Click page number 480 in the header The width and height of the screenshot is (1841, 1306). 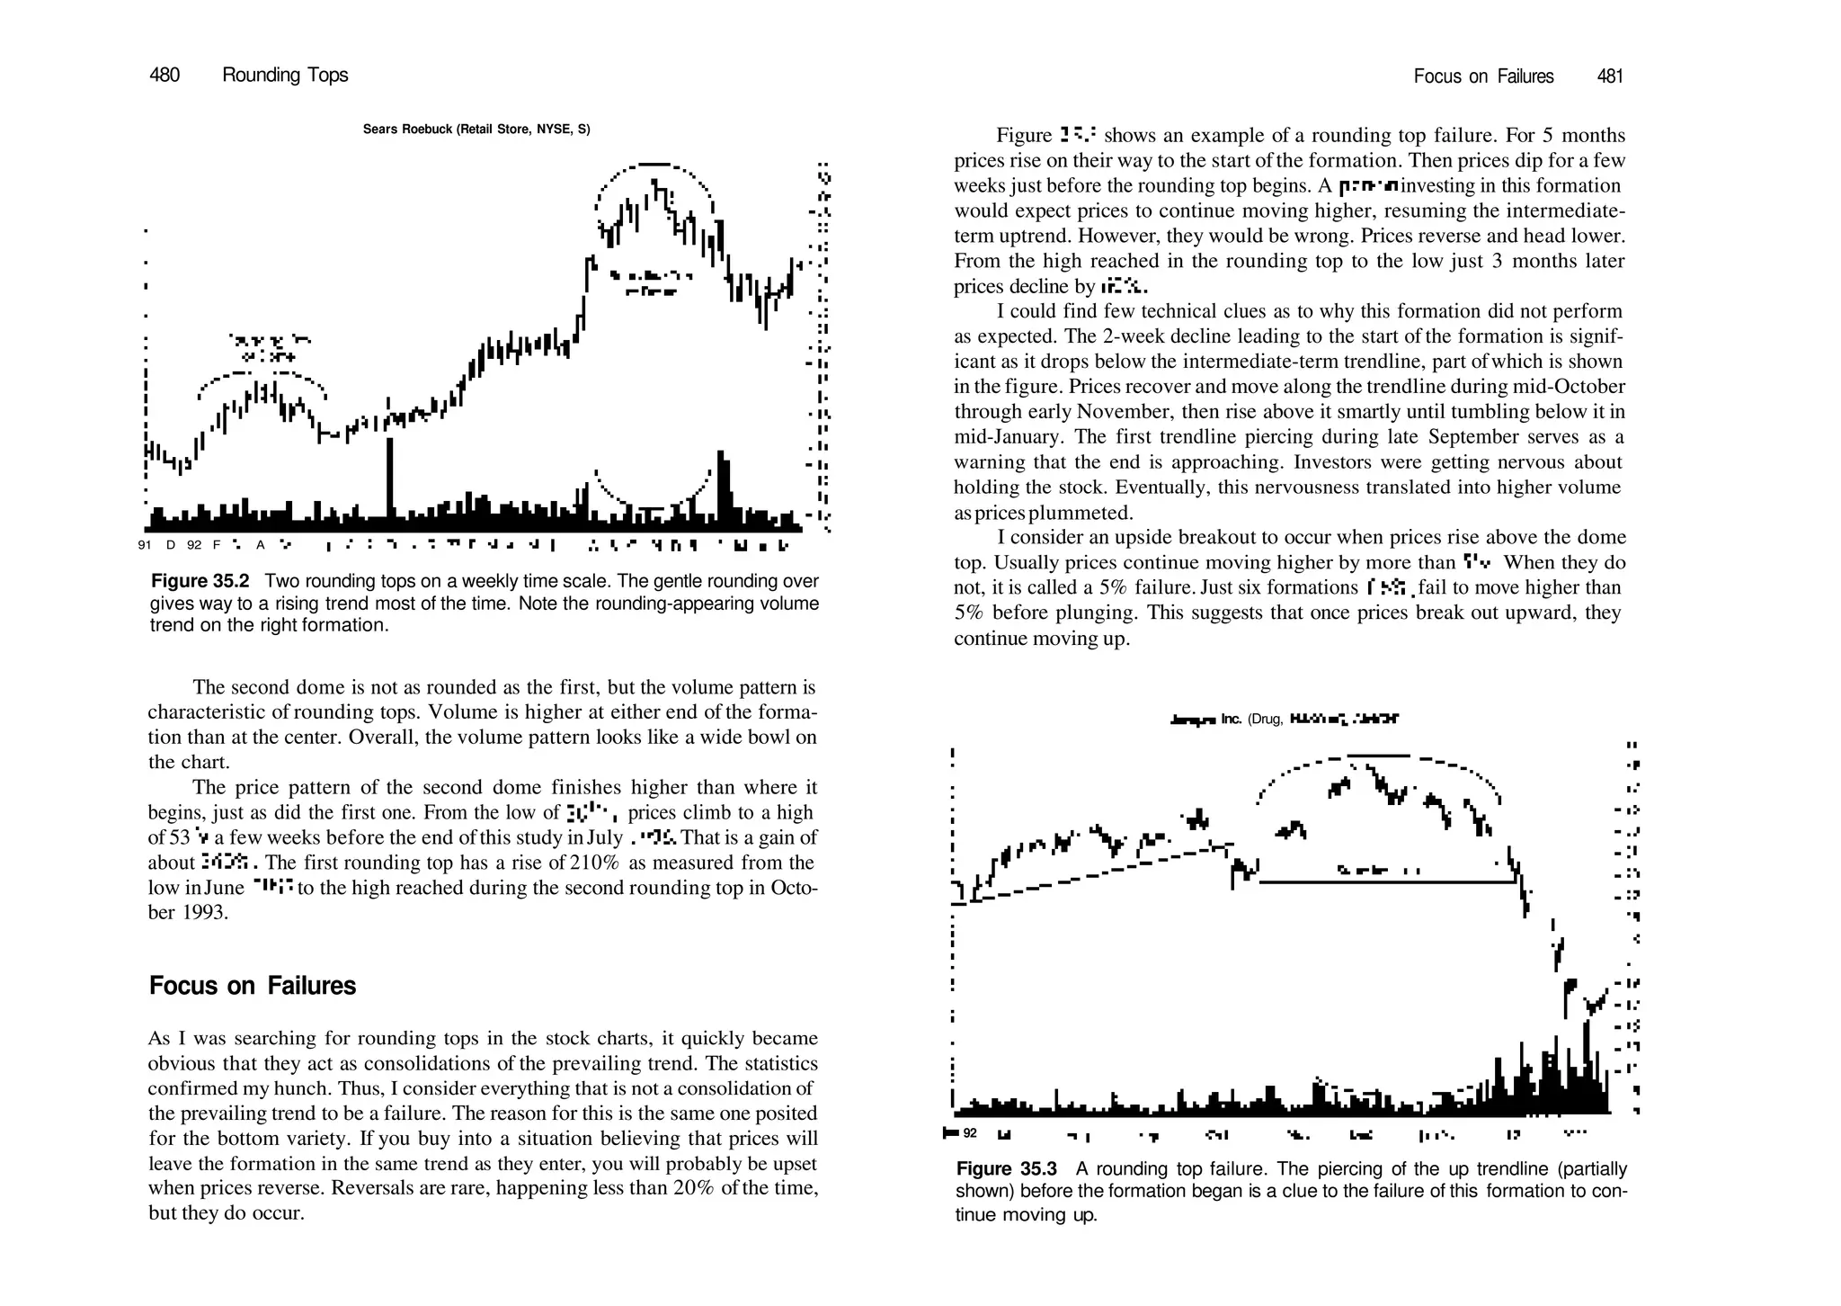click(x=165, y=76)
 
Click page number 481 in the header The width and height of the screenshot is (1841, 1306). click(x=1609, y=76)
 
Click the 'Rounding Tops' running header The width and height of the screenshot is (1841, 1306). click(x=285, y=76)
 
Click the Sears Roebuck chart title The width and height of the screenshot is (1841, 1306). click(x=476, y=130)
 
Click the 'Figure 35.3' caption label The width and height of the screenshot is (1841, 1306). click(x=1006, y=1168)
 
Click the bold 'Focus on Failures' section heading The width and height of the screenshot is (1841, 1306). click(x=253, y=986)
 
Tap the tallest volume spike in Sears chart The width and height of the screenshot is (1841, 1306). click(x=389, y=481)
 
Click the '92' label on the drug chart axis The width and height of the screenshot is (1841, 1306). click(x=970, y=1132)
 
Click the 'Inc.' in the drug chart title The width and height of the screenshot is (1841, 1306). click(x=1232, y=720)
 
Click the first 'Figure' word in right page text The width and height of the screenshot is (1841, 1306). click(x=1024, y=136)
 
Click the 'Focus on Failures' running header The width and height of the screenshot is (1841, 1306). click(x=1483, y=76)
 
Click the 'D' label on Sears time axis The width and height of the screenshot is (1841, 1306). click(x=171, y=545)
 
